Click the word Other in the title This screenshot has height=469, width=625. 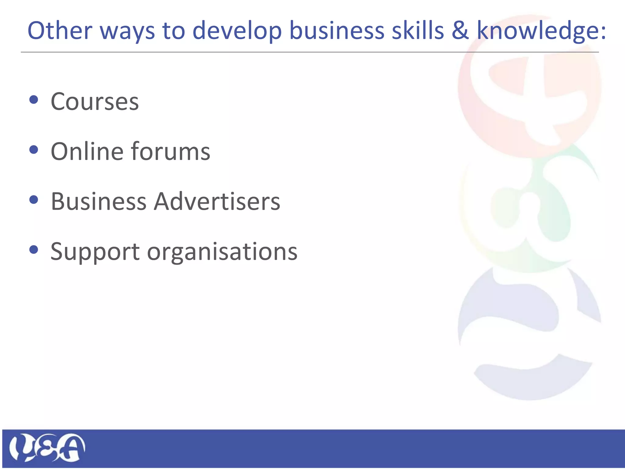pyautogui.click(x=60, y=31)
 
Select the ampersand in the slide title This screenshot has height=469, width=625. pyautogui.click(x=460, y=31)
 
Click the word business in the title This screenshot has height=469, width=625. pyautogui.click(x=337, y=31)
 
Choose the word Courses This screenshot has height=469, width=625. pyautogui.click(x=95, y=101)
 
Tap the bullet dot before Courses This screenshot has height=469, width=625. pyautogui.click(x=34, y=100)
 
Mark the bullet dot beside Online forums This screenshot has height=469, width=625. pyautogui.click(x=34, y=150)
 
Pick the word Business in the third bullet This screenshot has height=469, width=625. pyautogui.click(x=99, y=202)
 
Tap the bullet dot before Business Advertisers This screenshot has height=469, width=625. pyautogui.click(x=34, y=200)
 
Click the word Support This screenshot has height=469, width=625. pyautogui.click(x=95, y=252)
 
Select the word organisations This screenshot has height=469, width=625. pyautogui.click(x=222, y=252)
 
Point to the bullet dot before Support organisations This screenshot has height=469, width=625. pyautogui.click(x=34, y=250)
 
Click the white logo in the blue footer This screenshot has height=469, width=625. pyautogui.click(x=47, y=448)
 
